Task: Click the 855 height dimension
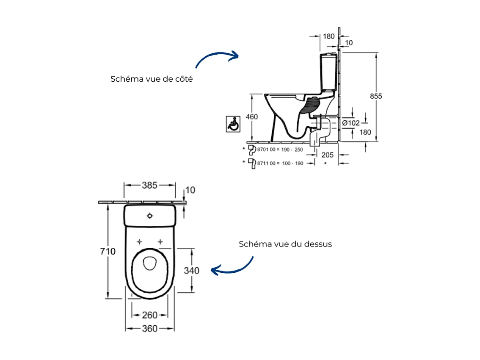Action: (x=375, y=96)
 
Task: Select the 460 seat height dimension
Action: (x=252, y=117)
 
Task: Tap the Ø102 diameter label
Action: (x=350, y=123)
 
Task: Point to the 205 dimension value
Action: (x=327, y=155)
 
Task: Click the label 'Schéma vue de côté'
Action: (x=152, y=79)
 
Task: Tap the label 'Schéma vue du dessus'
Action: (x=285, y=244)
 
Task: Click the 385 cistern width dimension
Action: (x=149, y=185)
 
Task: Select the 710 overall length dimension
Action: (x=108, y=252)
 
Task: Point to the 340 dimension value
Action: (x=192, y=270)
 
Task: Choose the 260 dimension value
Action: (x=149, y=315)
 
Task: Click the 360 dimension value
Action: (x=149, y=328)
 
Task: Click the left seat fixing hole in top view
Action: (x=139, y=241)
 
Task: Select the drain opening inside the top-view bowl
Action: (x=149, y=263)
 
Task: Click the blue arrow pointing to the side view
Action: (x=217, y=59)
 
